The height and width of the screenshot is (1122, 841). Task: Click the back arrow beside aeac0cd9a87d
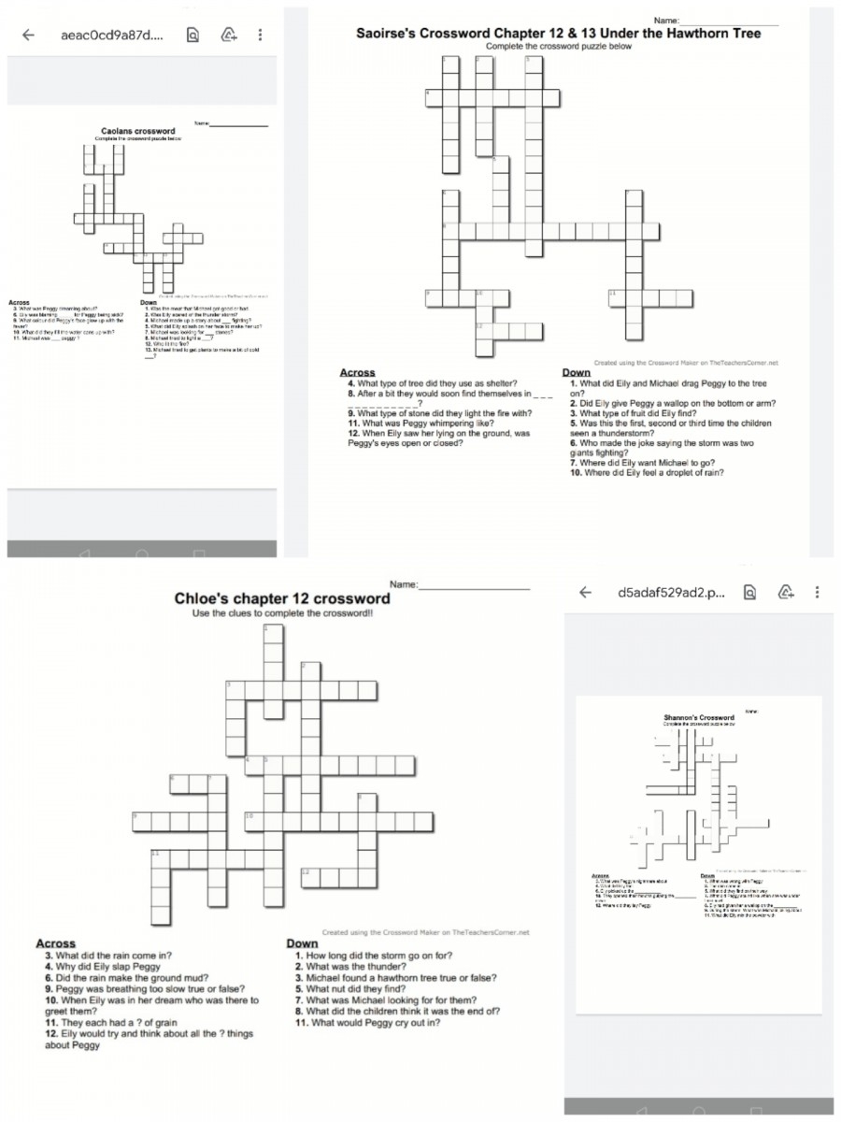[x=28, y=36]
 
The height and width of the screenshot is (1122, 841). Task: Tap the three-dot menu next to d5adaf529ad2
[x=818, y=592]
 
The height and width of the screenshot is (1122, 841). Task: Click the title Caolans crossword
[x=138, y=131]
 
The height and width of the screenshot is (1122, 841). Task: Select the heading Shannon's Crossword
[x=699, y=717]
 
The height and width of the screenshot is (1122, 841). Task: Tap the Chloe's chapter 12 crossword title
[x=282, y=598]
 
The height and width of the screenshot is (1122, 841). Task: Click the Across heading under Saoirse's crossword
[x=357, y=372]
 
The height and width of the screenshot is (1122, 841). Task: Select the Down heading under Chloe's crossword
[x=302, y=944]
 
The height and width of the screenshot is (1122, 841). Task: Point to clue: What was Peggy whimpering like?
[x=420, y=423]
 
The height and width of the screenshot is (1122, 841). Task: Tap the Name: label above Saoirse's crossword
[x=666, y=20]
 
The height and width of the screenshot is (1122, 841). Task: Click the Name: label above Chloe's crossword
[x=404, y=584]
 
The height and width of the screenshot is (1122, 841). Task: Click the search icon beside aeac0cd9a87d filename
[x=192, y=36]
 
